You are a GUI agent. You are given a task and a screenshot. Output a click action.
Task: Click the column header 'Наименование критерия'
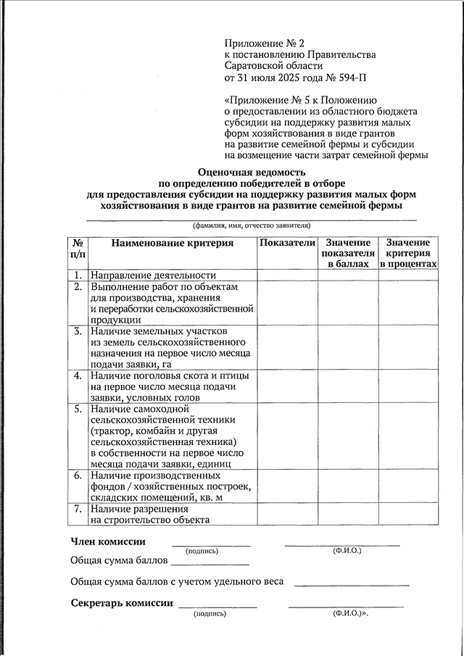click(172, 244)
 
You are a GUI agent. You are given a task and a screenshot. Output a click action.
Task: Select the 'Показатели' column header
click(287, 243)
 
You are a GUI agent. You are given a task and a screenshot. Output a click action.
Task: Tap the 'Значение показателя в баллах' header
click(348, 254)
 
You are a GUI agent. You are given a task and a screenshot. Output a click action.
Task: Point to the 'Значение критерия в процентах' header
click(408, 254)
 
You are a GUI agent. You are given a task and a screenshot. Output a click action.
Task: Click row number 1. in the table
click(77, 275)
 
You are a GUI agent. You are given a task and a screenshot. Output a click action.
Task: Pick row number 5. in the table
click(77, 410)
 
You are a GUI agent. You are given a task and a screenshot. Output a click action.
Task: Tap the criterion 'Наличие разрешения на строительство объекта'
click(150, 515)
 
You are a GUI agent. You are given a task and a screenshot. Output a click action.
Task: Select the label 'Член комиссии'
click(107, 541)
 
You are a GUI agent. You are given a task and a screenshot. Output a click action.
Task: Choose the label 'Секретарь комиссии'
click(121, 603)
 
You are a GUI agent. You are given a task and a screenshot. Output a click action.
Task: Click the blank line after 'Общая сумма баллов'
click(210, 561)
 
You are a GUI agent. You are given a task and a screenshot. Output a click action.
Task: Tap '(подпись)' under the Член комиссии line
click(202, 552)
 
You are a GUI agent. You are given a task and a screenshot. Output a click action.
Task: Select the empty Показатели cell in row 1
click(287, 275)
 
